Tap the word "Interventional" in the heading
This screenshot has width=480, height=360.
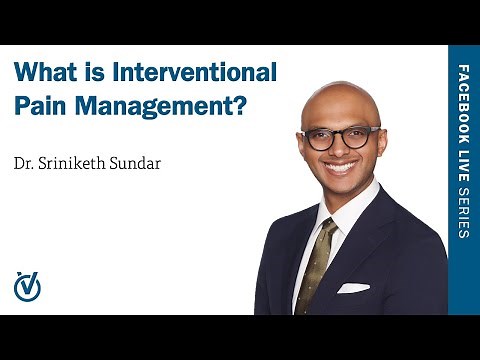pos(198,73)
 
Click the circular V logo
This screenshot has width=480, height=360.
pos(27,286)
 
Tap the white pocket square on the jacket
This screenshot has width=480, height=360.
pos(352,288)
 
